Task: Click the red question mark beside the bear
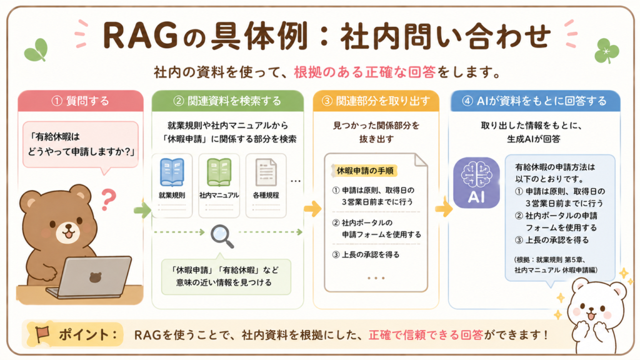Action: (x=108, y=199)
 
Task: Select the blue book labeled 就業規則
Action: (x=172, y=172)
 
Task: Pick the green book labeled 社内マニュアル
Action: (x=219, y=172)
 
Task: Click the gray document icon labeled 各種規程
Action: (x=266, y=172)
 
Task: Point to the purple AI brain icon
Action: (x=476, y=183)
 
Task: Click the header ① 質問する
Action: (x=81, y=101)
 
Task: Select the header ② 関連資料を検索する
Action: (x=227, y=101)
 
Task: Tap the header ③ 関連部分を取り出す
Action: (x=376, y=101)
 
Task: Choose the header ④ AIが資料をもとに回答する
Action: (x=535, y=101)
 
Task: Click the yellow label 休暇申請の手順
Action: (x=364, y=171)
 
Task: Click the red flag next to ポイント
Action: (x=42, y=334)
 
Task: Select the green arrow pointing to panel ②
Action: (x=142, y=210)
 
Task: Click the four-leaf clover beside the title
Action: (x=606, y=51)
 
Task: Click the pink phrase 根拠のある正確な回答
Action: (x=365, y=72)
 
